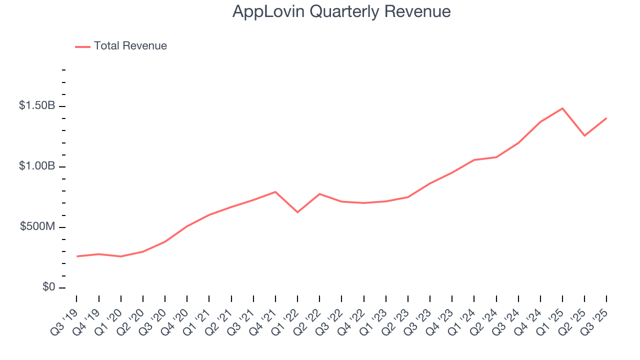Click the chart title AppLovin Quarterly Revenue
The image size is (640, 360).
click(341, 11)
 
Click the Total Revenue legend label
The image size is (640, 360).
click(130, 46)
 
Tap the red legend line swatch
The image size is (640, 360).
click(82, 46)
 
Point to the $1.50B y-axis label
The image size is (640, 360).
click(36, 105)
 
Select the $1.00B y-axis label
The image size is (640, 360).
click(36, 166)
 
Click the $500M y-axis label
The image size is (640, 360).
click(37, 226)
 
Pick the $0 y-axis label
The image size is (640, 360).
click(48, 287)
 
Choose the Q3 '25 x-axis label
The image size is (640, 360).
click(595, 318)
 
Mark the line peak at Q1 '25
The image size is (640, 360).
click(562, 108)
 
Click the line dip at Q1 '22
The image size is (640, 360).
click(297, 212)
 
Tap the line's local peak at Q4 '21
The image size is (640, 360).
click(275, 191)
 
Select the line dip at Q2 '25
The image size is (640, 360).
click(584, 135)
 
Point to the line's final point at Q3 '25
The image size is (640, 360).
click(606, 118)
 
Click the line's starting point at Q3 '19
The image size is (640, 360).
click(77, 256)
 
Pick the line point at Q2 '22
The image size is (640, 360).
click(319, 194)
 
